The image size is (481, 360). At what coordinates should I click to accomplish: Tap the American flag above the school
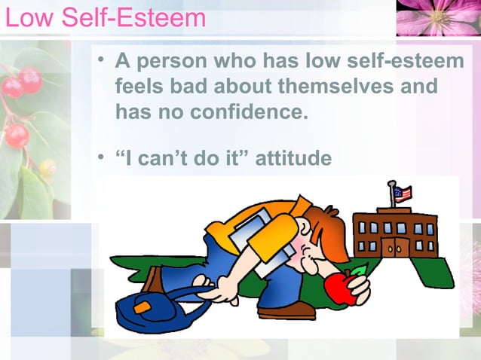click(x=403, y=194)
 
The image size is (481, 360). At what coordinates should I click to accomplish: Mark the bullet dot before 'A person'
click(x=100, y=61)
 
